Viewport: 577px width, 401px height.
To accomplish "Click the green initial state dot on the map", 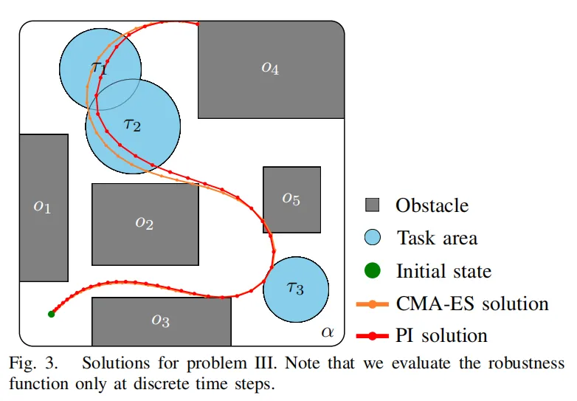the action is coord(52,314).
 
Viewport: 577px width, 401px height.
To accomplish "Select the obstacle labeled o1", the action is coord(44,208).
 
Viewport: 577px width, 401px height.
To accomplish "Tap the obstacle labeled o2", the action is coord(145,225).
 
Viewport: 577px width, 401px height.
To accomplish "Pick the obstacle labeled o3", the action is coord(162,321).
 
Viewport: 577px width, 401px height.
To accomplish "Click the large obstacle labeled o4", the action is coord(272,69).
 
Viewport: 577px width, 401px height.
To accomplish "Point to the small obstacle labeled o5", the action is coord(291,199).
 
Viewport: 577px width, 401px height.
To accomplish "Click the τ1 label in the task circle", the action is coord(99,67).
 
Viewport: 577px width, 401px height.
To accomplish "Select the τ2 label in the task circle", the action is coord(132,125).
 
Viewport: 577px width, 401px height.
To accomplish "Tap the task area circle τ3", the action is coord(296,289).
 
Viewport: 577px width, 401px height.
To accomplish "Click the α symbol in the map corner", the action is coord(327,332).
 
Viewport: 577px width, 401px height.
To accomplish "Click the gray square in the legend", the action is coord(372,205).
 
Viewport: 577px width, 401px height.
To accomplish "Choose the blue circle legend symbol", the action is coord(373,238).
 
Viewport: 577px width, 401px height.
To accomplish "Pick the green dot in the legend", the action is coord(373,270).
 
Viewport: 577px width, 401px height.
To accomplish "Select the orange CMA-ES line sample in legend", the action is coord(373,304).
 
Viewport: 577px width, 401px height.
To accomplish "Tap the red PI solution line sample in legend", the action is coord(373,336).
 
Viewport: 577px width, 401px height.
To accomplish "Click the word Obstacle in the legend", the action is coord(432,205).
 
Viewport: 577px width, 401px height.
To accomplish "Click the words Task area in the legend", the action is coord(437,238).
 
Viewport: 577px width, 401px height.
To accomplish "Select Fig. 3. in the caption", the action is coord(33,363).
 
